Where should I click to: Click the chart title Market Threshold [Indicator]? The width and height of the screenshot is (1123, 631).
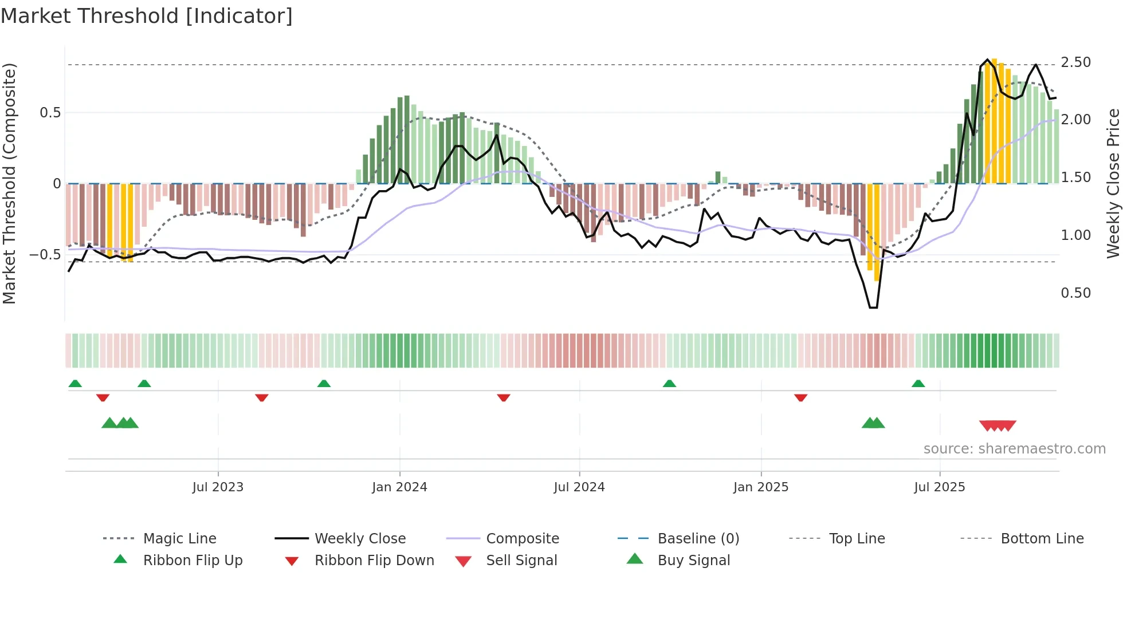(147, 16)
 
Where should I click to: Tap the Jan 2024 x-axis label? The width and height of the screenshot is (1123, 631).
(399, 487)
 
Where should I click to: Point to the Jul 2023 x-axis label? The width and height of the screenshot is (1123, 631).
(218, 487)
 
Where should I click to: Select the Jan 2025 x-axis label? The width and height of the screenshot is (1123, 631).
(761, 487)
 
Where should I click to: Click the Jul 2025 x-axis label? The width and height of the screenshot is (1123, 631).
(940, 487)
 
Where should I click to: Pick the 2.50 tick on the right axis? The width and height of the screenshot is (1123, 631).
(1075, 62)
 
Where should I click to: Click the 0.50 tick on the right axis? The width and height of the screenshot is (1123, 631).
(1075, 293)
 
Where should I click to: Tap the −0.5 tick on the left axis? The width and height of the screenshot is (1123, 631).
(45, 254)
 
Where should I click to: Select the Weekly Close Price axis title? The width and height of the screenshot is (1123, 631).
(1113, 183)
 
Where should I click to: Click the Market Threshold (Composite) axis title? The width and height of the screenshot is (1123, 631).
(9, 183)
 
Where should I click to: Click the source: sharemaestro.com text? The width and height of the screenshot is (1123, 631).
(1014, 448)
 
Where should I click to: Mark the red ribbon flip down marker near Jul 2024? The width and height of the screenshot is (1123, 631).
(504, 397)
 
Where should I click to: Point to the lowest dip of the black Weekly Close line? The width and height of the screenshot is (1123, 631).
(873, 307)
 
